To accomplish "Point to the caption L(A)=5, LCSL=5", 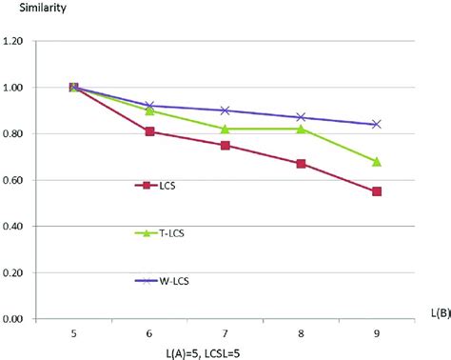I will [x=225, y=353].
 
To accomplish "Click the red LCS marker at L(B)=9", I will [x=377, y=191].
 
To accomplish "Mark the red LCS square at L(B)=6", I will [x=149, y=131].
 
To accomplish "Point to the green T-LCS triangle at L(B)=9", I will [x=377, y=162].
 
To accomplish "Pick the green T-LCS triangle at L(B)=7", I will [x=225, y=129].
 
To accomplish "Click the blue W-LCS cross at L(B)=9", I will [x=377, y=124].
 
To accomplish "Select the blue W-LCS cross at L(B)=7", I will [x=225, y=110].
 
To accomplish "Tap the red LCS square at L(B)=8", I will [x=301, y=164].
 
